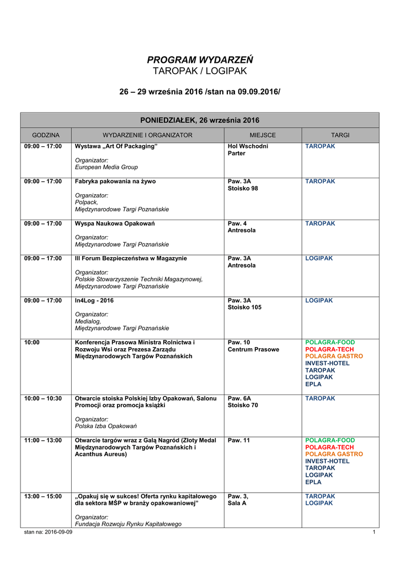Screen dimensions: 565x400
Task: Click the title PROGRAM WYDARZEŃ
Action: (x=200, y=60)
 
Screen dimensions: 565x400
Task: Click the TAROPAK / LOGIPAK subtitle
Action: (x=200, y=71)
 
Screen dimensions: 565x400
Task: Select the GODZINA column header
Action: (x=46, y=135)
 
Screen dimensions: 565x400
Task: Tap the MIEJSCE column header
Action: (x=263, y=135)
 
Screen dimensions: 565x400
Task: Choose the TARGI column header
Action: (x=340, y=135)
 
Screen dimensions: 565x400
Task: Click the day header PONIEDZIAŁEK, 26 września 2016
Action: (x=200, y=120)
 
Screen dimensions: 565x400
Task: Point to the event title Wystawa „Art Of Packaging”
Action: (x=116, y=146)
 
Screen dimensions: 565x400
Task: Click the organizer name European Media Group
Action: (x=106, y=167)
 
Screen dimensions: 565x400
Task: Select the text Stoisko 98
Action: (x=243, y=188)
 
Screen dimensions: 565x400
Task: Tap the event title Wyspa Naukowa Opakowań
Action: (x=115, y=223)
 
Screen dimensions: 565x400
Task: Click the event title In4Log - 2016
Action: (x=94, y=301)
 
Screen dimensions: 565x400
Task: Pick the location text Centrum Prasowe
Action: (x=253, y=349)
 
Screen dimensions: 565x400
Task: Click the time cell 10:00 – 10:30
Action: (x=43, y=398)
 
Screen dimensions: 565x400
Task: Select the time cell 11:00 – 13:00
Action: (x=43, y=440)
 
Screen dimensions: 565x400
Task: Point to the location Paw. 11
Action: (x=239, y=440)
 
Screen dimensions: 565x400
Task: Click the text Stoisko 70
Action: (x=243, y=406)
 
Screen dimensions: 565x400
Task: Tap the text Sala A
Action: (x=237, y=503)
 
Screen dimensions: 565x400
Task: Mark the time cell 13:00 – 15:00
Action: (x=43, y=497)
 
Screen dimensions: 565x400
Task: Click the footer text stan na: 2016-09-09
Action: (x=48, y=532)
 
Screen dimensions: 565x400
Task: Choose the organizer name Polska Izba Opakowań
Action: (x=106, y=426)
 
